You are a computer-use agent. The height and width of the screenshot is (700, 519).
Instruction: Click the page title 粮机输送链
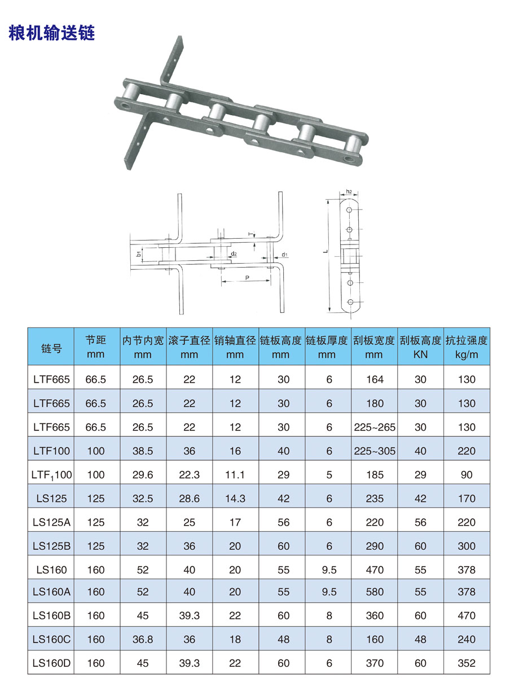(52, 33)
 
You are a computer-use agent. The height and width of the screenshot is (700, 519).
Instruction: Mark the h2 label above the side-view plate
(349, 192)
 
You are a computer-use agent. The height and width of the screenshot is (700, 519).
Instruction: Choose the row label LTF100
(51, 451)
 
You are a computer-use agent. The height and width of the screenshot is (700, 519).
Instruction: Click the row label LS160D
(51, 663)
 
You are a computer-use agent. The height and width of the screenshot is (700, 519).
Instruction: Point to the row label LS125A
(51, 522)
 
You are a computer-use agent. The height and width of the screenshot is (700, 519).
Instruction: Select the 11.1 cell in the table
(235, 475)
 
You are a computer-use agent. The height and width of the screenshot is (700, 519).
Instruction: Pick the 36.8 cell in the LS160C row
(143, 640)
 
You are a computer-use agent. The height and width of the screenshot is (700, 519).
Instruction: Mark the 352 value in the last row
(467, 663)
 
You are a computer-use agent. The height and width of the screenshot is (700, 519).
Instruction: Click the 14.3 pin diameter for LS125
(235, 498)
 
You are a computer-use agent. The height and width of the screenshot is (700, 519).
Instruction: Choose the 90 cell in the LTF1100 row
(467, 475)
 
